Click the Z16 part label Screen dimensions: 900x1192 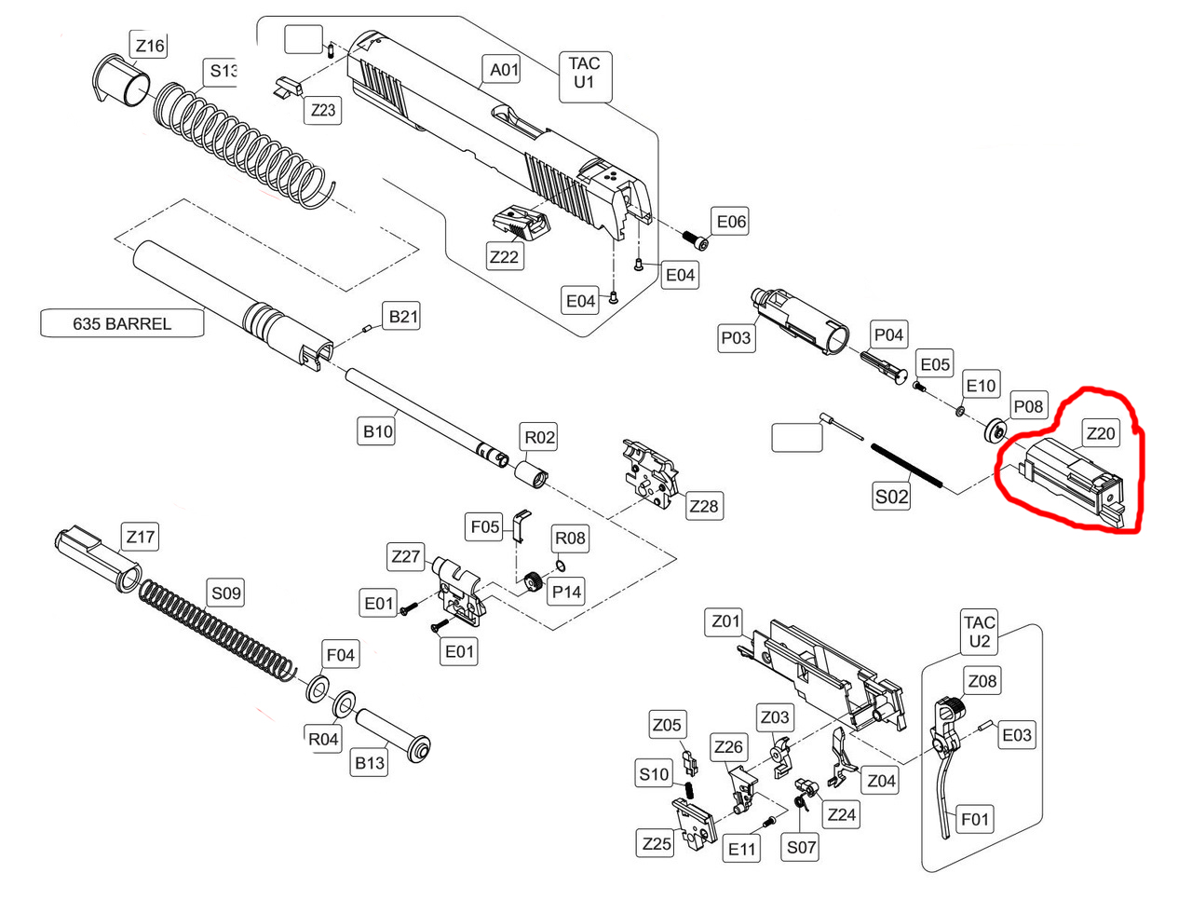[149, 45]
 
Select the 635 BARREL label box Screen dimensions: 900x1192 [122, 323]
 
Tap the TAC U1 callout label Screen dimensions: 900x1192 [584, 73]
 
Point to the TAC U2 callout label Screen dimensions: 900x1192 [980, 632]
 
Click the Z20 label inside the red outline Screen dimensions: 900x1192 [1100, 433]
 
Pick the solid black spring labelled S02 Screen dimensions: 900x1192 [908, 464]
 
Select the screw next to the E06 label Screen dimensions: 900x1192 [695, 239]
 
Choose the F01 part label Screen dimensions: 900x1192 [974, 819]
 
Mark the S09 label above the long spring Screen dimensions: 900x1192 [226, 593]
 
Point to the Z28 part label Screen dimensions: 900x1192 [704, 506]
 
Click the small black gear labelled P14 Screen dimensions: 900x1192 [534, 582]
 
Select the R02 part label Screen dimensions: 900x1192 [540, 437]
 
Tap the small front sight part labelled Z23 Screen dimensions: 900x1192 [288, 89]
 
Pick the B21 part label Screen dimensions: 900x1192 [403, 317]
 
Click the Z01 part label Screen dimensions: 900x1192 [726, 620]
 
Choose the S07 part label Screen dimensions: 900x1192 [801, 847]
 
